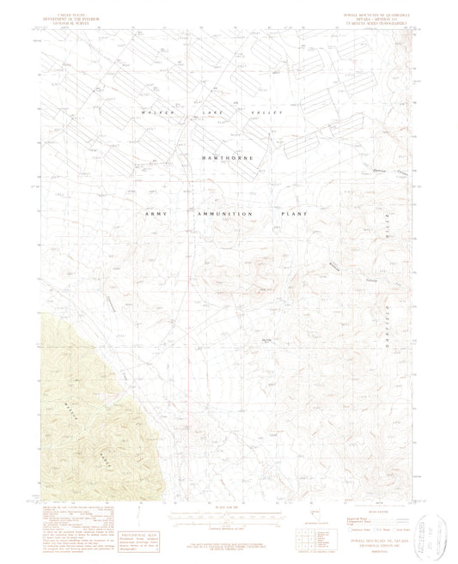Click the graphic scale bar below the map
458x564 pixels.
228,513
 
